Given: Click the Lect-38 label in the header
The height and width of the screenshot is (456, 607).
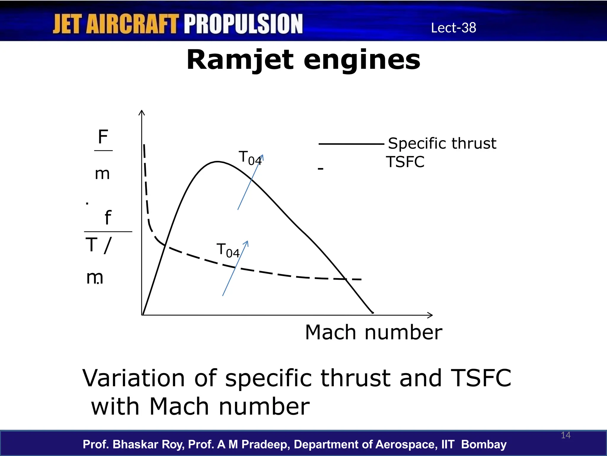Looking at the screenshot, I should [453, 28].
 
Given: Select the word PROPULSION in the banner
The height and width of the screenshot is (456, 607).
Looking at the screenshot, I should [243, 24].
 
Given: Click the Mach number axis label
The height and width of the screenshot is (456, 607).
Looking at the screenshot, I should [373, 332].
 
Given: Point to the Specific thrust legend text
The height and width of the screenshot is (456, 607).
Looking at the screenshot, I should [442, 143].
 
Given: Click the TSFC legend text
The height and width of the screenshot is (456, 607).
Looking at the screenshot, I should [405, 162].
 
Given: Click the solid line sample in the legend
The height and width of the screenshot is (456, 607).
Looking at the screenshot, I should [351, 144].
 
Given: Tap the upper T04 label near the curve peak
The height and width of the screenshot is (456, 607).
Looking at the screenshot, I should [250, 158].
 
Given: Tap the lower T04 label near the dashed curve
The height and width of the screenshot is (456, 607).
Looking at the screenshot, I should [228, 250].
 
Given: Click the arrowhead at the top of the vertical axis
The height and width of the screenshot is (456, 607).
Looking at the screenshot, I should [142, 112].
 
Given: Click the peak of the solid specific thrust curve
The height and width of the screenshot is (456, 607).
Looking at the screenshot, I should [218, 161].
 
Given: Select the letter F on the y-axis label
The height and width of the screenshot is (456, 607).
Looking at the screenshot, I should [103, 137].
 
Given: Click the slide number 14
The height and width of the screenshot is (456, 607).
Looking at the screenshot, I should [566, 435].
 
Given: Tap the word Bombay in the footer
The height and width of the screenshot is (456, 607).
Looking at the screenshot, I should [484, 444].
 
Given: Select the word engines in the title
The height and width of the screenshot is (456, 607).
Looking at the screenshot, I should [362, 60].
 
